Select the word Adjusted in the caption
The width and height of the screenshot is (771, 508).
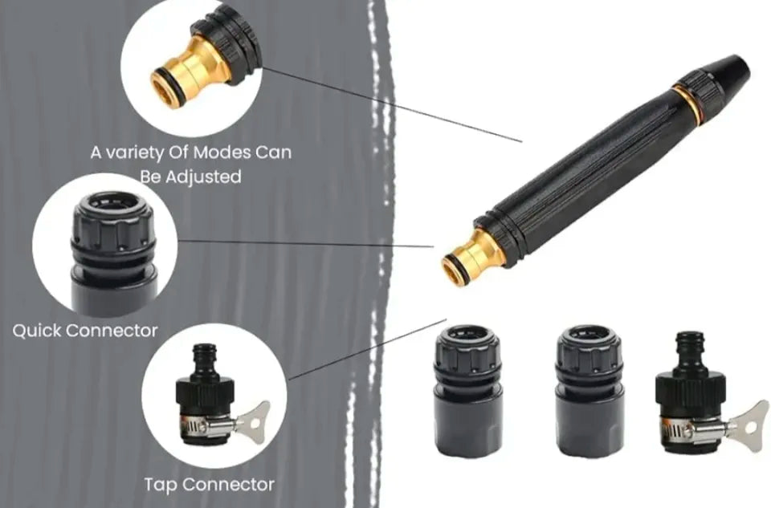pyautogui.click(x=203, y=177)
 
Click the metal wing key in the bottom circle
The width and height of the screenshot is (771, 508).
pyautogui.click(x=255, y=417)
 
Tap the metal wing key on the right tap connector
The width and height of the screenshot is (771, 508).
pyautogui.click(x=748, y=421)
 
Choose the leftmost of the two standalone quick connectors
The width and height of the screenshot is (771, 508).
pyautogui.click(x=467, y=391)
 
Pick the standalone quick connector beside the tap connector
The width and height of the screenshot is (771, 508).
pyautogui.click(x=590, y=391)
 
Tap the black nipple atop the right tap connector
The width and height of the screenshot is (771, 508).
pyautogui.click(x=691, y=351)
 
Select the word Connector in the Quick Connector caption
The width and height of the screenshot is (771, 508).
pyautogui.click(x=116, y=331)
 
